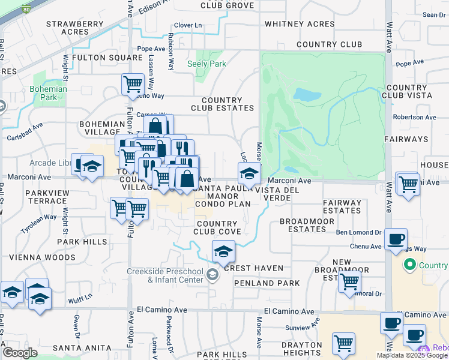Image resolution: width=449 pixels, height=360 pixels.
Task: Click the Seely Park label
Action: click(x=206, y=64)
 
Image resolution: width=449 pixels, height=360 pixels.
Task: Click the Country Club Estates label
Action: click(x=223, y=104)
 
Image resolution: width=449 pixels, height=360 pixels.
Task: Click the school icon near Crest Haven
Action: click(x=223, y=251)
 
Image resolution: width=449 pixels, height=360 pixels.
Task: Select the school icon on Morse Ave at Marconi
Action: click(x=249, y=173)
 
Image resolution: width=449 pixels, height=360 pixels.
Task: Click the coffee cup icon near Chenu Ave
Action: click(x=396, y=238)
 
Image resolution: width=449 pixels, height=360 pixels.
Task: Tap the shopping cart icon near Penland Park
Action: click(x=349, y=281)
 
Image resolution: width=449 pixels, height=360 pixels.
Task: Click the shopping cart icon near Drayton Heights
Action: click(x=343, y=343)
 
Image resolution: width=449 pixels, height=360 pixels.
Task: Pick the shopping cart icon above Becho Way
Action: click(x=132, y=83)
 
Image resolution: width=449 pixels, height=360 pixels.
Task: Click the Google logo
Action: click(x=20, y=352)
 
